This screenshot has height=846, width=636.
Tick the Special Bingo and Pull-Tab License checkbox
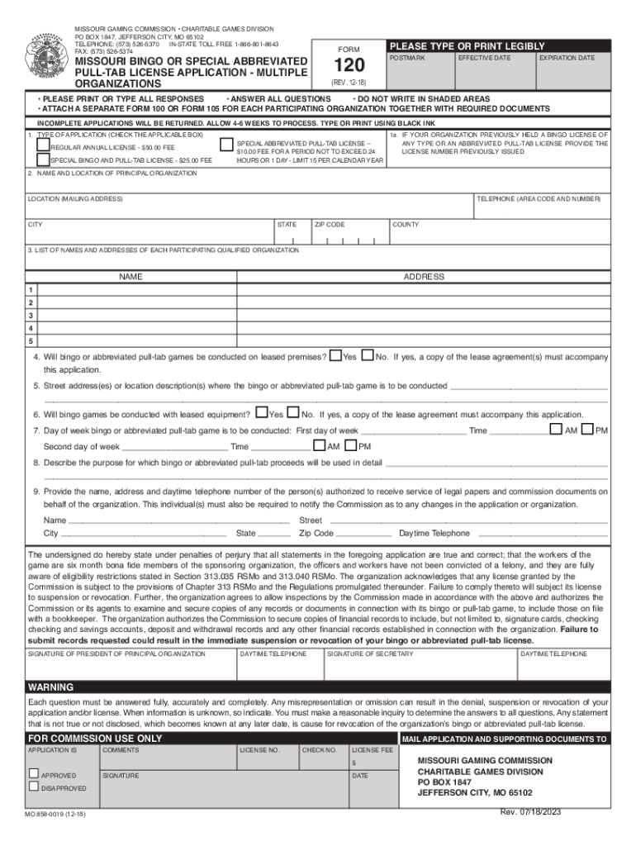[x=42, y=159]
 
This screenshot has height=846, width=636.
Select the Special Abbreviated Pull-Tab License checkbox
[x=228, y=143]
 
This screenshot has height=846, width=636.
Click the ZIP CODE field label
[x=330, y=225]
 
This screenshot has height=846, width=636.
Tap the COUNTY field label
[x=406, y=225]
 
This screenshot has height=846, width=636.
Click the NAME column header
[x=131, y=277]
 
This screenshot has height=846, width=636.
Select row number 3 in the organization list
[x=31, y=315]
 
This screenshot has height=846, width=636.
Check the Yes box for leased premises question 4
[x=335, y=356]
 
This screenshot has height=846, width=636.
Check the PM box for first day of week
[x=586, y=430]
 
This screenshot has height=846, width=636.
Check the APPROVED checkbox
[x=34, y=774]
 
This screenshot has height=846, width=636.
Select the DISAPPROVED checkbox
[x=34, y=787]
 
